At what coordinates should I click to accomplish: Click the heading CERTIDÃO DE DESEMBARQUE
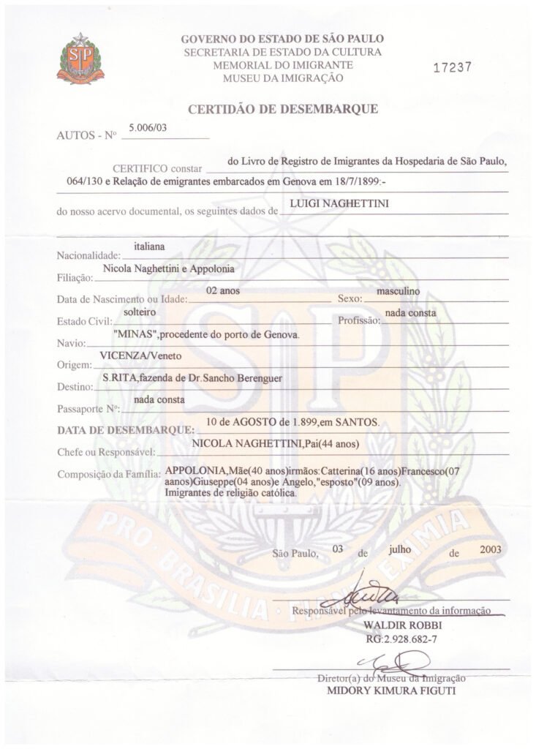click(x=283, y=110)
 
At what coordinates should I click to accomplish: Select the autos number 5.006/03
click(x=148, y=127)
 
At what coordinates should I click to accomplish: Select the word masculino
click(x=397, y=291)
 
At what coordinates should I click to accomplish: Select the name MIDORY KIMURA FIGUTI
click(x=384, y=690)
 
